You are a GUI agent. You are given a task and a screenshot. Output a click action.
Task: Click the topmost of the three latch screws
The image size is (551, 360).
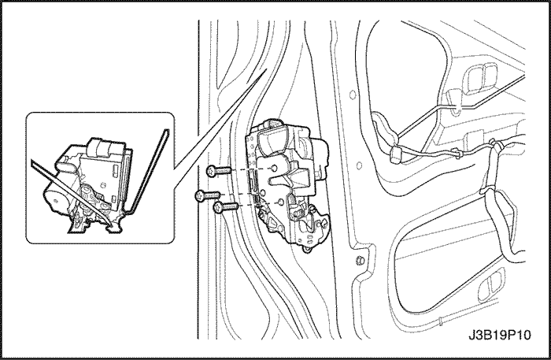point(219,171)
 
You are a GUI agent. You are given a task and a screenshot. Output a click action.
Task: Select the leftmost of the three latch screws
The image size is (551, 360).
point(207,195)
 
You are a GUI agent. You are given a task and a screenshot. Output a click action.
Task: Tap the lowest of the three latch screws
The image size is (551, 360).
point(226,207)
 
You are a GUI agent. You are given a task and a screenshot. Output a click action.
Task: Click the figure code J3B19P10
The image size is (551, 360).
point(499,335)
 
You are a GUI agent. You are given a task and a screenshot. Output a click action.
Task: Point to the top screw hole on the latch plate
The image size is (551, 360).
point(275,168)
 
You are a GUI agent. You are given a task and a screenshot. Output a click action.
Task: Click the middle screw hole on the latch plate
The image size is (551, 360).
point(262,192)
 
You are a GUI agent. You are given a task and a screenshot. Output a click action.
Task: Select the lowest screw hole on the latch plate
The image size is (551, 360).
point(280,202)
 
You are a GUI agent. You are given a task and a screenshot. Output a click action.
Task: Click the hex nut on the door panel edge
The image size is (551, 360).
point(360,261)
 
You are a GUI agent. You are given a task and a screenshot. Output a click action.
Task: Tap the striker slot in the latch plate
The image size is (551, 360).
point(285,180)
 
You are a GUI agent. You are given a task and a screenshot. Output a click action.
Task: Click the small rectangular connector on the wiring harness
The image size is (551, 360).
point(397,154)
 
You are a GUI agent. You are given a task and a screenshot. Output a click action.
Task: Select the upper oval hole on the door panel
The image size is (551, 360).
point(353,95)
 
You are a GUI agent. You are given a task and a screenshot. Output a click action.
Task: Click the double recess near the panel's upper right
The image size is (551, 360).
point(482,78)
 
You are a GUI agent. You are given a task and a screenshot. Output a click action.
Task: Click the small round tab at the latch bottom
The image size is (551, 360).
point(308,250)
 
